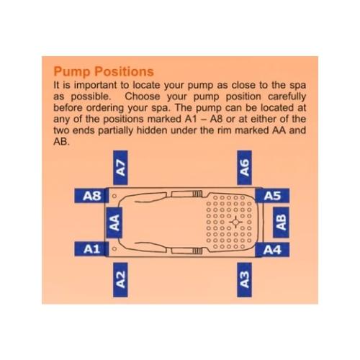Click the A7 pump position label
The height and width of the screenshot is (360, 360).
pos(120,168)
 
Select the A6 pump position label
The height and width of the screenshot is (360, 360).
pos(244,168)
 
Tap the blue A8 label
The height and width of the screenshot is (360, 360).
pos(91,196)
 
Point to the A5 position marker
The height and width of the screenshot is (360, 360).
pos(272,196)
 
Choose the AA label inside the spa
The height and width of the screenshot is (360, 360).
pos(114,222)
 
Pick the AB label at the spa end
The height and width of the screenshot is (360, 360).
pos(281,222)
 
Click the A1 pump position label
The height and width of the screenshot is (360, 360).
pos(91,249)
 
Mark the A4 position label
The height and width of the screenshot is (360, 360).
pos(272,250)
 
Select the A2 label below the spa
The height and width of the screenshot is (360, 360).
pos(120,279)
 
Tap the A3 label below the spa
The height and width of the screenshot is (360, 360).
pos(244,279)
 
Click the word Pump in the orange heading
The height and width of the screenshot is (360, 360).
pos(72,72)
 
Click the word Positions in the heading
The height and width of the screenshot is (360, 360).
pos(124,71)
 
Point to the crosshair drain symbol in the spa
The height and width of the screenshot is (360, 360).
pos(235,222)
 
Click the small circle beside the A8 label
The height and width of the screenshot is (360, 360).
pos(114,196)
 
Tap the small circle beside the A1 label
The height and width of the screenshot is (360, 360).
pos(114,249)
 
